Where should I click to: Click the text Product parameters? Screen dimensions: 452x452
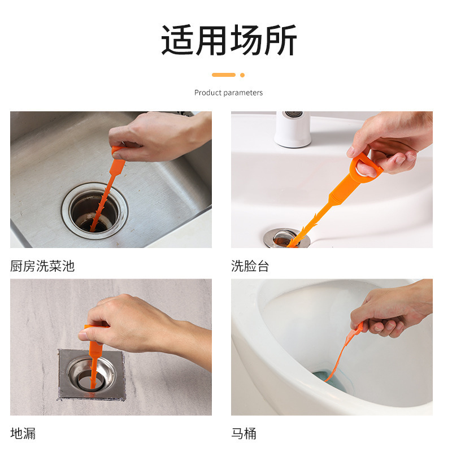tap(228, 93)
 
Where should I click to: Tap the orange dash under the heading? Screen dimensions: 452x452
tap(224, 75)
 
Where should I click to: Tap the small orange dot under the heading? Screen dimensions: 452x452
tap(242, 75)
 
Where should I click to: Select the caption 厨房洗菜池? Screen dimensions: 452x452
tap(42, 266)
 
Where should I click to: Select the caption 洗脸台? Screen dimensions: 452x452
tap(250, 266)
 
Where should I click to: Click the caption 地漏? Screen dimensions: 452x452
tap(23, 433)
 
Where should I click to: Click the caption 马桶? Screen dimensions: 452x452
tap(244, 433)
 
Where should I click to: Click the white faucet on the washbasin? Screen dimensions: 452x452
tap(293, 129)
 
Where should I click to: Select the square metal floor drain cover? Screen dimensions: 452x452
tap(90, 374)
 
